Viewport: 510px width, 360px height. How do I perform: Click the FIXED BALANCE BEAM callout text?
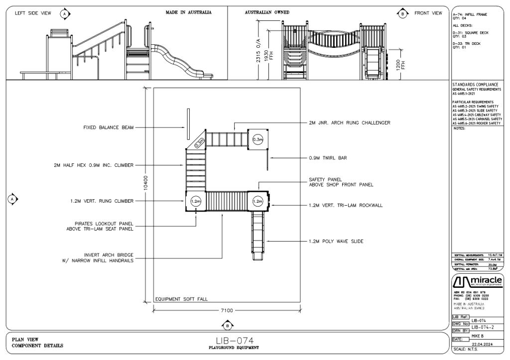tap(108, 127)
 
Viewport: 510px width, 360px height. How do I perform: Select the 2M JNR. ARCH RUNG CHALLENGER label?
tap(350, 122)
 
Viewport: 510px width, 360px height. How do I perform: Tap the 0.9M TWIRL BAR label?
tap(327, 158)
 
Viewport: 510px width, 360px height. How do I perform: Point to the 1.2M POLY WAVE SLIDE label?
tap(336, 241)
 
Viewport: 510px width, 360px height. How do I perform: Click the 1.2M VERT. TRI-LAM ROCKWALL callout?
tap(346, 205)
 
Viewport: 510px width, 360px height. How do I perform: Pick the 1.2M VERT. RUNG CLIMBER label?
tap(102, 201)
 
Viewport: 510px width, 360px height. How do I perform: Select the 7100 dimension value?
tap(227, 310)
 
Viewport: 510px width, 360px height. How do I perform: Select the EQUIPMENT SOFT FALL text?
tap(181, 299)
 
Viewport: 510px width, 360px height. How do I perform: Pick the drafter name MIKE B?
tap(479, 336)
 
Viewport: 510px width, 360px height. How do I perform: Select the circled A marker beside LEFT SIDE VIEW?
tap(64, 13)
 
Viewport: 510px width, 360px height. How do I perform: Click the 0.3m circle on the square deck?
tap(257, 140)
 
